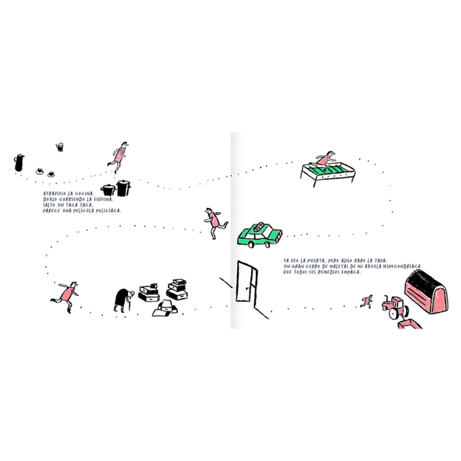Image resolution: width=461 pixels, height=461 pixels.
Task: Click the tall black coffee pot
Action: pos(19,163)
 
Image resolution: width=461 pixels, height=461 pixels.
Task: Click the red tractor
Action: pos(395,308)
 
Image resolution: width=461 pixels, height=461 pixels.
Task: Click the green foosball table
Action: pos(328,172)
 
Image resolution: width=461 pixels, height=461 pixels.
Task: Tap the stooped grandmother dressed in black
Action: pos(124,300)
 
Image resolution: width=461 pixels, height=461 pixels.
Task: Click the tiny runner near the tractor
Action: pos(367,301)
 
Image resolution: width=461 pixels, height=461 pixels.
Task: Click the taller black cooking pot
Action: pos(123,188)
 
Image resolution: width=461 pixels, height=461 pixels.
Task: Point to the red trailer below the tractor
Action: pos(410,324)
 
